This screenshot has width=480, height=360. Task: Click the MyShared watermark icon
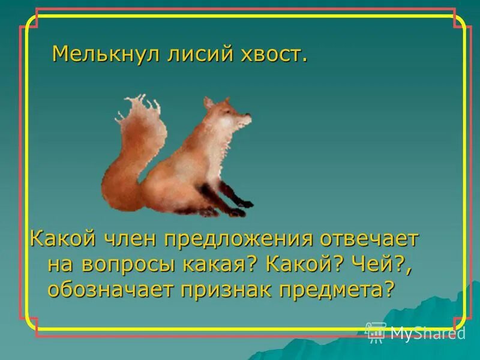pyautogui.click(x=376, y=332)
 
